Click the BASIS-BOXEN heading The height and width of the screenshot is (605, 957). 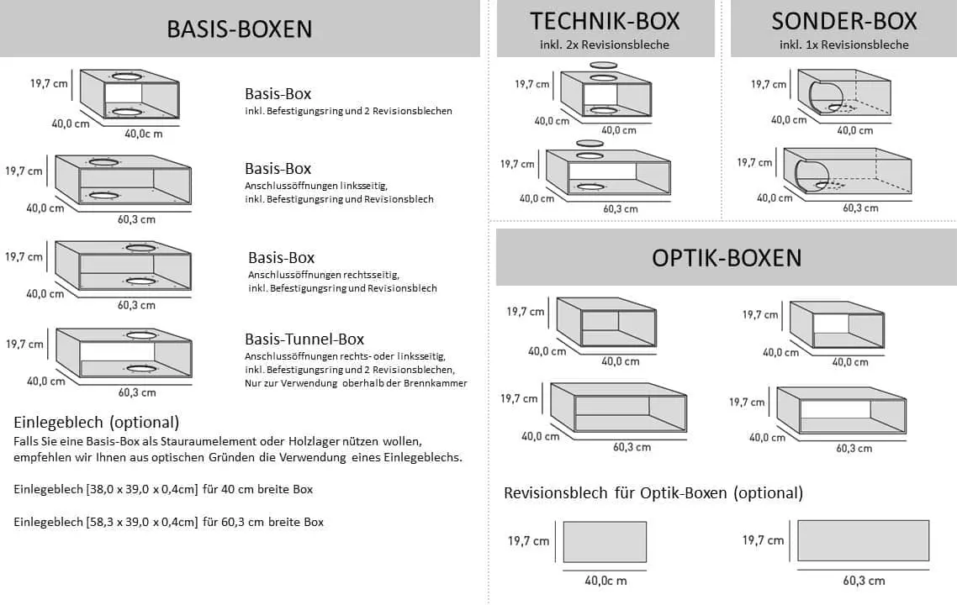pos(239,29)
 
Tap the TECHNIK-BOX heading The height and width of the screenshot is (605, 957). pos(605,20)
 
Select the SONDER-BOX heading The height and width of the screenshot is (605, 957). pos(843,20)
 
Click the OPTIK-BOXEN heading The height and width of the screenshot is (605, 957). pos(727,257)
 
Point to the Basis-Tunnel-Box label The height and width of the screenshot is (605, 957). pos(304,339)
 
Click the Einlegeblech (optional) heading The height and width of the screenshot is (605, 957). pos(97,422)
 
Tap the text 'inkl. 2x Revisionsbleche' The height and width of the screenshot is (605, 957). pos(605,45)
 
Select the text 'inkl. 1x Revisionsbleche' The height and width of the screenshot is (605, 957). pos(843,45)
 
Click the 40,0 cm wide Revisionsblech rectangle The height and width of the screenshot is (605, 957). pos(604,542)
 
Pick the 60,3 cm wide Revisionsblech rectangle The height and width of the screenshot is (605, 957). pos(863,540)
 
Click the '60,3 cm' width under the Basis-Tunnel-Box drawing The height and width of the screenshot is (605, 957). pos(137,392)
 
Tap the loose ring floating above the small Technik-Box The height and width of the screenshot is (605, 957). pos(603,64)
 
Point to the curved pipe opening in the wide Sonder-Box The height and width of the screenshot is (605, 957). pos(804,172)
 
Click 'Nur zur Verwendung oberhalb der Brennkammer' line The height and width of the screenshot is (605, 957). pos(356,383)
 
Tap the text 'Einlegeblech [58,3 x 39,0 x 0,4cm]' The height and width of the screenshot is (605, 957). pos(106,522)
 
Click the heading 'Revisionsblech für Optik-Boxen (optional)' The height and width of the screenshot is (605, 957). pos(653,493)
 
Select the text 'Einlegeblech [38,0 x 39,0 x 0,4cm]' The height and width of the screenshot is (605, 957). pos(106,489)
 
